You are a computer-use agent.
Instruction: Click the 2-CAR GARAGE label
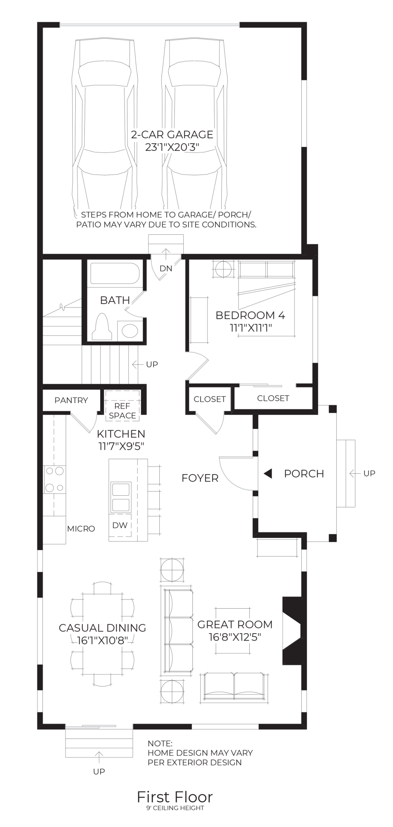click(172, 135)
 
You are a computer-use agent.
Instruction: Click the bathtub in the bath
click(114, 274)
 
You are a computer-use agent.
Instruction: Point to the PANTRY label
click(71, 401)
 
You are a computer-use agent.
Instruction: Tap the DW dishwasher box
click(120, 525)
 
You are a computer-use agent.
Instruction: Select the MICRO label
click(81, 529)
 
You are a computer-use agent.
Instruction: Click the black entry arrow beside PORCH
click(268, 474)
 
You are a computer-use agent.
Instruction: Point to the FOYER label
click(200, 478)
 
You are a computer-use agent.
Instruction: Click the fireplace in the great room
click(291, 631)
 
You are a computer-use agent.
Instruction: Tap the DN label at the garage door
click(166, 269)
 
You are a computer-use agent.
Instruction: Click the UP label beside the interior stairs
click(152, 365)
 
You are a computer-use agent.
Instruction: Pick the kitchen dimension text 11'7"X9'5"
click(121, 446)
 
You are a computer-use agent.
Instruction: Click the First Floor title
click(175, 797)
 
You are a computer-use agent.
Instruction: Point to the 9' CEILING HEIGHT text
click(175, 808)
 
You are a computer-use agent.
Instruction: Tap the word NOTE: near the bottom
click(160, 743)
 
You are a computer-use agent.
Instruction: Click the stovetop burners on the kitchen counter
click(55, 479)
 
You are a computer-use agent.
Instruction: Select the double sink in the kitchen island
click(121, 497)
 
